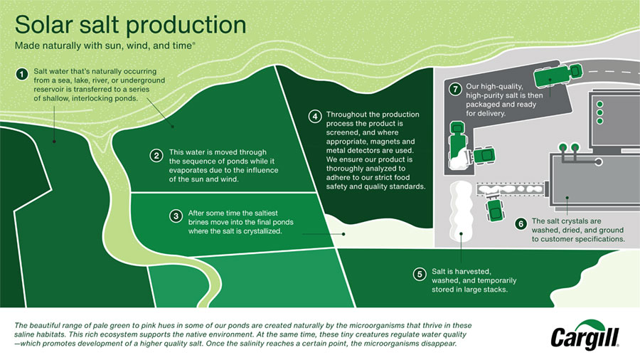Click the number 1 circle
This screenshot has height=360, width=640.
point(23,73)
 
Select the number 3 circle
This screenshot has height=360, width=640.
point(175,214)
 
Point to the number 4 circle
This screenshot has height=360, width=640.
point(314,116)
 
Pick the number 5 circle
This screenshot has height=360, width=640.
point(420,273)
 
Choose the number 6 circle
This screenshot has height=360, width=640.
point(521,223)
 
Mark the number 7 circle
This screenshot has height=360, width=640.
point(454,90)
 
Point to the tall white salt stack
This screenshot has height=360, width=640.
point(461,213)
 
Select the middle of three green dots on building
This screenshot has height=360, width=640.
point(599,112)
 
